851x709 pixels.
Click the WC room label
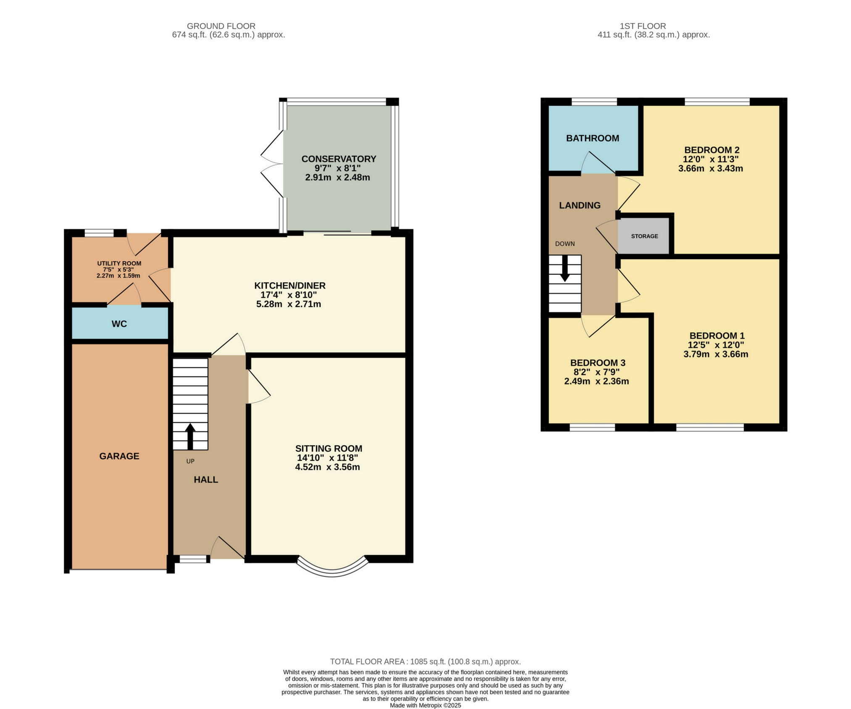point(119,324)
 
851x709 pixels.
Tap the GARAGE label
point(119,456)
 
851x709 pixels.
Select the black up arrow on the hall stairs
point(190,436)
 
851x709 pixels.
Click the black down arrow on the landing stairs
point(565,269)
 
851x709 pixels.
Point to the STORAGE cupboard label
point(644,236)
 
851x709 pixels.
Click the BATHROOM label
point(592,138)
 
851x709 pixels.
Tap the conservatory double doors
point(272,164)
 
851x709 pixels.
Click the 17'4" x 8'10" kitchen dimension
point(288,295)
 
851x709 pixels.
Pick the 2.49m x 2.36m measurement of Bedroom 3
point(596,381)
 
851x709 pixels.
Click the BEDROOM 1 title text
point(717,336)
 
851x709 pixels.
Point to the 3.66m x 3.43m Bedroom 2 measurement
point(710,168)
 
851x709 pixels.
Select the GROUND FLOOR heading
point(221,26)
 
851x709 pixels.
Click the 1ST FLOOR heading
point(643,26)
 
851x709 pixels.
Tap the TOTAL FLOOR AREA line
point(425,662)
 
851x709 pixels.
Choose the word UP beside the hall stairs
point(190,461)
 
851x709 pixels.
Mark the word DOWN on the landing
point(565,244)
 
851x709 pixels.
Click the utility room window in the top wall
point(99,233)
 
